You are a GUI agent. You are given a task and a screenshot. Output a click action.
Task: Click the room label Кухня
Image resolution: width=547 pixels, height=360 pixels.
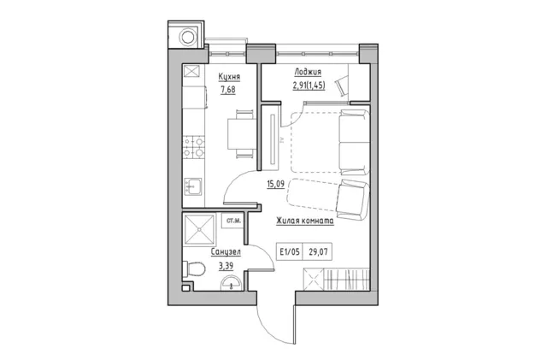229,77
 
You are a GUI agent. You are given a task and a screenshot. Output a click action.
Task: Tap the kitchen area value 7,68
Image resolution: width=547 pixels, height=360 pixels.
228,90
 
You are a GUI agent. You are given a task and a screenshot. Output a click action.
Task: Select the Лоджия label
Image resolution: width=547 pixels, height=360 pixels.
308,72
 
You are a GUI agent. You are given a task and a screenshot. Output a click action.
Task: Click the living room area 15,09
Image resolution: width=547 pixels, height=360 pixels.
275,184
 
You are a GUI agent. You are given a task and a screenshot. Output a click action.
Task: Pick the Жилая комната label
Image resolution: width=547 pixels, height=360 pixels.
305,221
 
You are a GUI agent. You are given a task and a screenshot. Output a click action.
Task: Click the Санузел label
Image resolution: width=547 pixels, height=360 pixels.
226,251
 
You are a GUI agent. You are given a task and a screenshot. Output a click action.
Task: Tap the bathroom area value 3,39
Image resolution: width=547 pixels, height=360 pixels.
226,266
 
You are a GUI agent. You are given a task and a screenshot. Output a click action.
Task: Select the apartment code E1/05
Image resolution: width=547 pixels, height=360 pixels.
290,251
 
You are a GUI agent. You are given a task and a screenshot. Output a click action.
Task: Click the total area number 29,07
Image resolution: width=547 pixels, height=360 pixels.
318,251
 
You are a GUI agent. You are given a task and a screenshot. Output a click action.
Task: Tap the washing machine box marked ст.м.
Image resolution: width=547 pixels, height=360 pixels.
232,221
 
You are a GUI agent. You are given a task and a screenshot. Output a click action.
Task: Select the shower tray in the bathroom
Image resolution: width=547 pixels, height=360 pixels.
199,229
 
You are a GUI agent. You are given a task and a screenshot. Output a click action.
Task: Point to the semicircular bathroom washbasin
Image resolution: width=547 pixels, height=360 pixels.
232,284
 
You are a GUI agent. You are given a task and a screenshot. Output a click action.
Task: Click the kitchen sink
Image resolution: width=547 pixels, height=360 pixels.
193,186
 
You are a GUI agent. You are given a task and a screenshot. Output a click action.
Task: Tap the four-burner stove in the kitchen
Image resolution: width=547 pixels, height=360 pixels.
194,147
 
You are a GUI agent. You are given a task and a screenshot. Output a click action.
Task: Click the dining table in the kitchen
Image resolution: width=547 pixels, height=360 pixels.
242,133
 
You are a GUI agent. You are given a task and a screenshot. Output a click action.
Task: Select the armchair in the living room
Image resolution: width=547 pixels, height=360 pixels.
352,200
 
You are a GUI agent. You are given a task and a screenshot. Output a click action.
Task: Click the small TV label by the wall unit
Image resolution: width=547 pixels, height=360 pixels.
282,140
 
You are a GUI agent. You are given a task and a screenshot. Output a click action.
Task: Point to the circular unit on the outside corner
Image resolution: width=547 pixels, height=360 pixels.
188,37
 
